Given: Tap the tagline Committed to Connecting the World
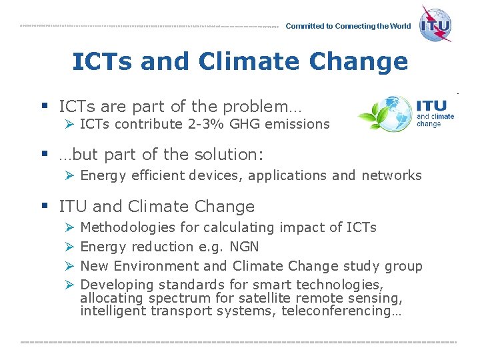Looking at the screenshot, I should (348, 27).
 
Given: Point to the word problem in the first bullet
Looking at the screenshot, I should (259, 106).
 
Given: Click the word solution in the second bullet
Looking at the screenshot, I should (225, 155).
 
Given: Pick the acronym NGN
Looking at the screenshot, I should (243, 247).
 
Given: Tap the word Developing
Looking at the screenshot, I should (111, 285).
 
